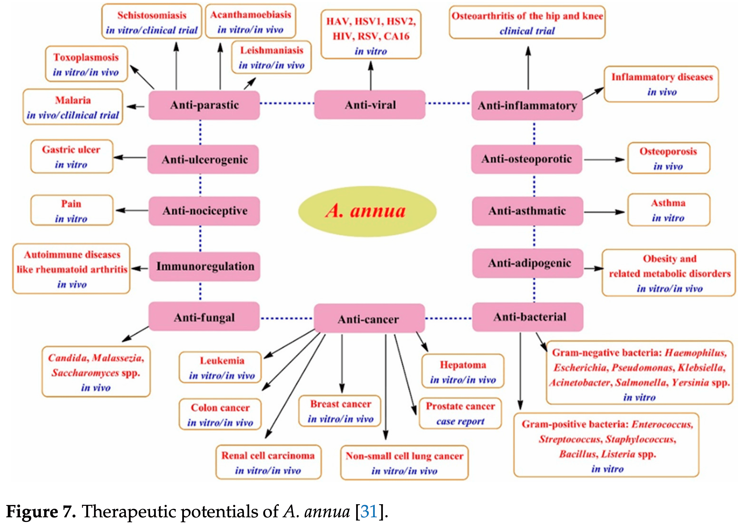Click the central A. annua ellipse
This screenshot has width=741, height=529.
367,211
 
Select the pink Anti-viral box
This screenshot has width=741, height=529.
370,105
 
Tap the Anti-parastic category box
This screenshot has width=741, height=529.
204,105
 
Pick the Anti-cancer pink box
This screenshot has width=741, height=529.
369,319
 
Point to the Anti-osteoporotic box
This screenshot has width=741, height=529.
526,159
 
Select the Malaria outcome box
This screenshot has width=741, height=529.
73,107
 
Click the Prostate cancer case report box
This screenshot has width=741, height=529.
460,413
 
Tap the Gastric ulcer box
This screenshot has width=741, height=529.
72,157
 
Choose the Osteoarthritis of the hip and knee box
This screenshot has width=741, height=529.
527,23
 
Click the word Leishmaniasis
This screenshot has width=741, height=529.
272,50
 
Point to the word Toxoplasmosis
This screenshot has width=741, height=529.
86,57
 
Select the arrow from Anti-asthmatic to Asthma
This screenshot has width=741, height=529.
604,212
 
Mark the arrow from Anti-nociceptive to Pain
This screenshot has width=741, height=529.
132,210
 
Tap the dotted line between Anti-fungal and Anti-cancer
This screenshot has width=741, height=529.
287,318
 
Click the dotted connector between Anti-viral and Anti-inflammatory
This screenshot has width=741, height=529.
448,103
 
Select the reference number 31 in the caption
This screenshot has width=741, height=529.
369,511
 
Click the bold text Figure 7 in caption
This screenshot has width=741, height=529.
41,511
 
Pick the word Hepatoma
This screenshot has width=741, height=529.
463,365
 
